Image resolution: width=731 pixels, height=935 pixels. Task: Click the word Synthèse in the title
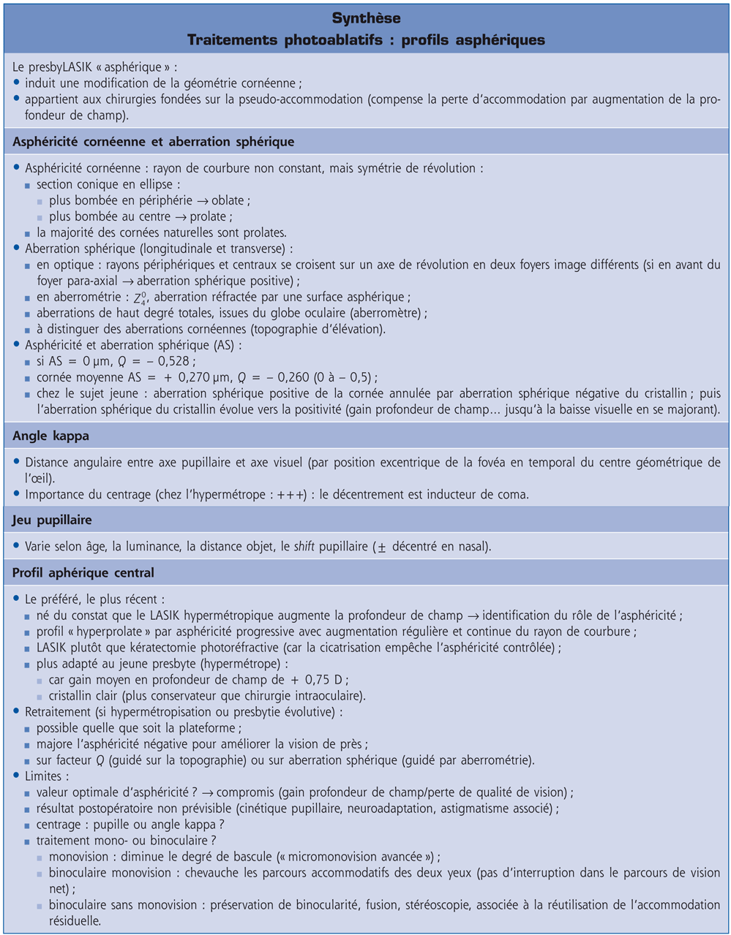(x=365, y=17)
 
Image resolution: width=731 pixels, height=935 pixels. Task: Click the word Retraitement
(x=59, y=711)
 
